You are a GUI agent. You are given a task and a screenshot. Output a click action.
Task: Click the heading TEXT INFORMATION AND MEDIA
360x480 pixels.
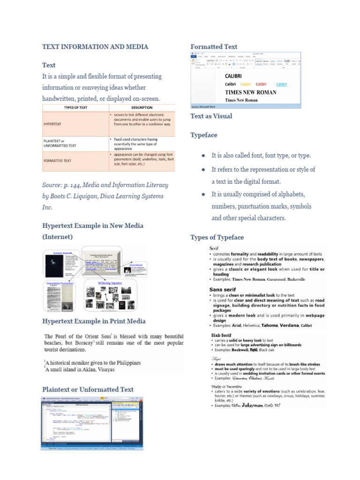pos(95,47)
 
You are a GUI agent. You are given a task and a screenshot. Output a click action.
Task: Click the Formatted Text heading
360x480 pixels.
pos(214,47)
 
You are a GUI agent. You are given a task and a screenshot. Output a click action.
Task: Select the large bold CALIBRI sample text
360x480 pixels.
pos(233,76)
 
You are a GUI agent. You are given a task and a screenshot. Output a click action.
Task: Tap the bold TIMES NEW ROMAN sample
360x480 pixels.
pos(250,92)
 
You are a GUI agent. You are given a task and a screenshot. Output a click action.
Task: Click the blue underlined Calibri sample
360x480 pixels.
pos(281,84)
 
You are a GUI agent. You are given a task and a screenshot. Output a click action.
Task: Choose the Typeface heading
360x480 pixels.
pos(204,135)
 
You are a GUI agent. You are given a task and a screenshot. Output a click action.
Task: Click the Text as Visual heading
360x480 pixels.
pos(211,116)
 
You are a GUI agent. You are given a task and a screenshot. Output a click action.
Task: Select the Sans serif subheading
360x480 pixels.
pos(222,290)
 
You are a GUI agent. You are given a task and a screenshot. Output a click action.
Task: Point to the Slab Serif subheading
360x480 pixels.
pos(221,335)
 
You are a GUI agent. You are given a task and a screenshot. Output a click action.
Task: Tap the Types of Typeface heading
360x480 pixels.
pos(217,237)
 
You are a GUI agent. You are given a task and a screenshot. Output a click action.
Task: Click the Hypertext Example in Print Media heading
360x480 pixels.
pos(94,321)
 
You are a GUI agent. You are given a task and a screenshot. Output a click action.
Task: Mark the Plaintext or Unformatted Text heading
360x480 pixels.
pos(88,389)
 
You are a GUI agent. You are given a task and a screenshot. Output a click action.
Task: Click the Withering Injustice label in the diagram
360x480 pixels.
pos(110,283)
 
